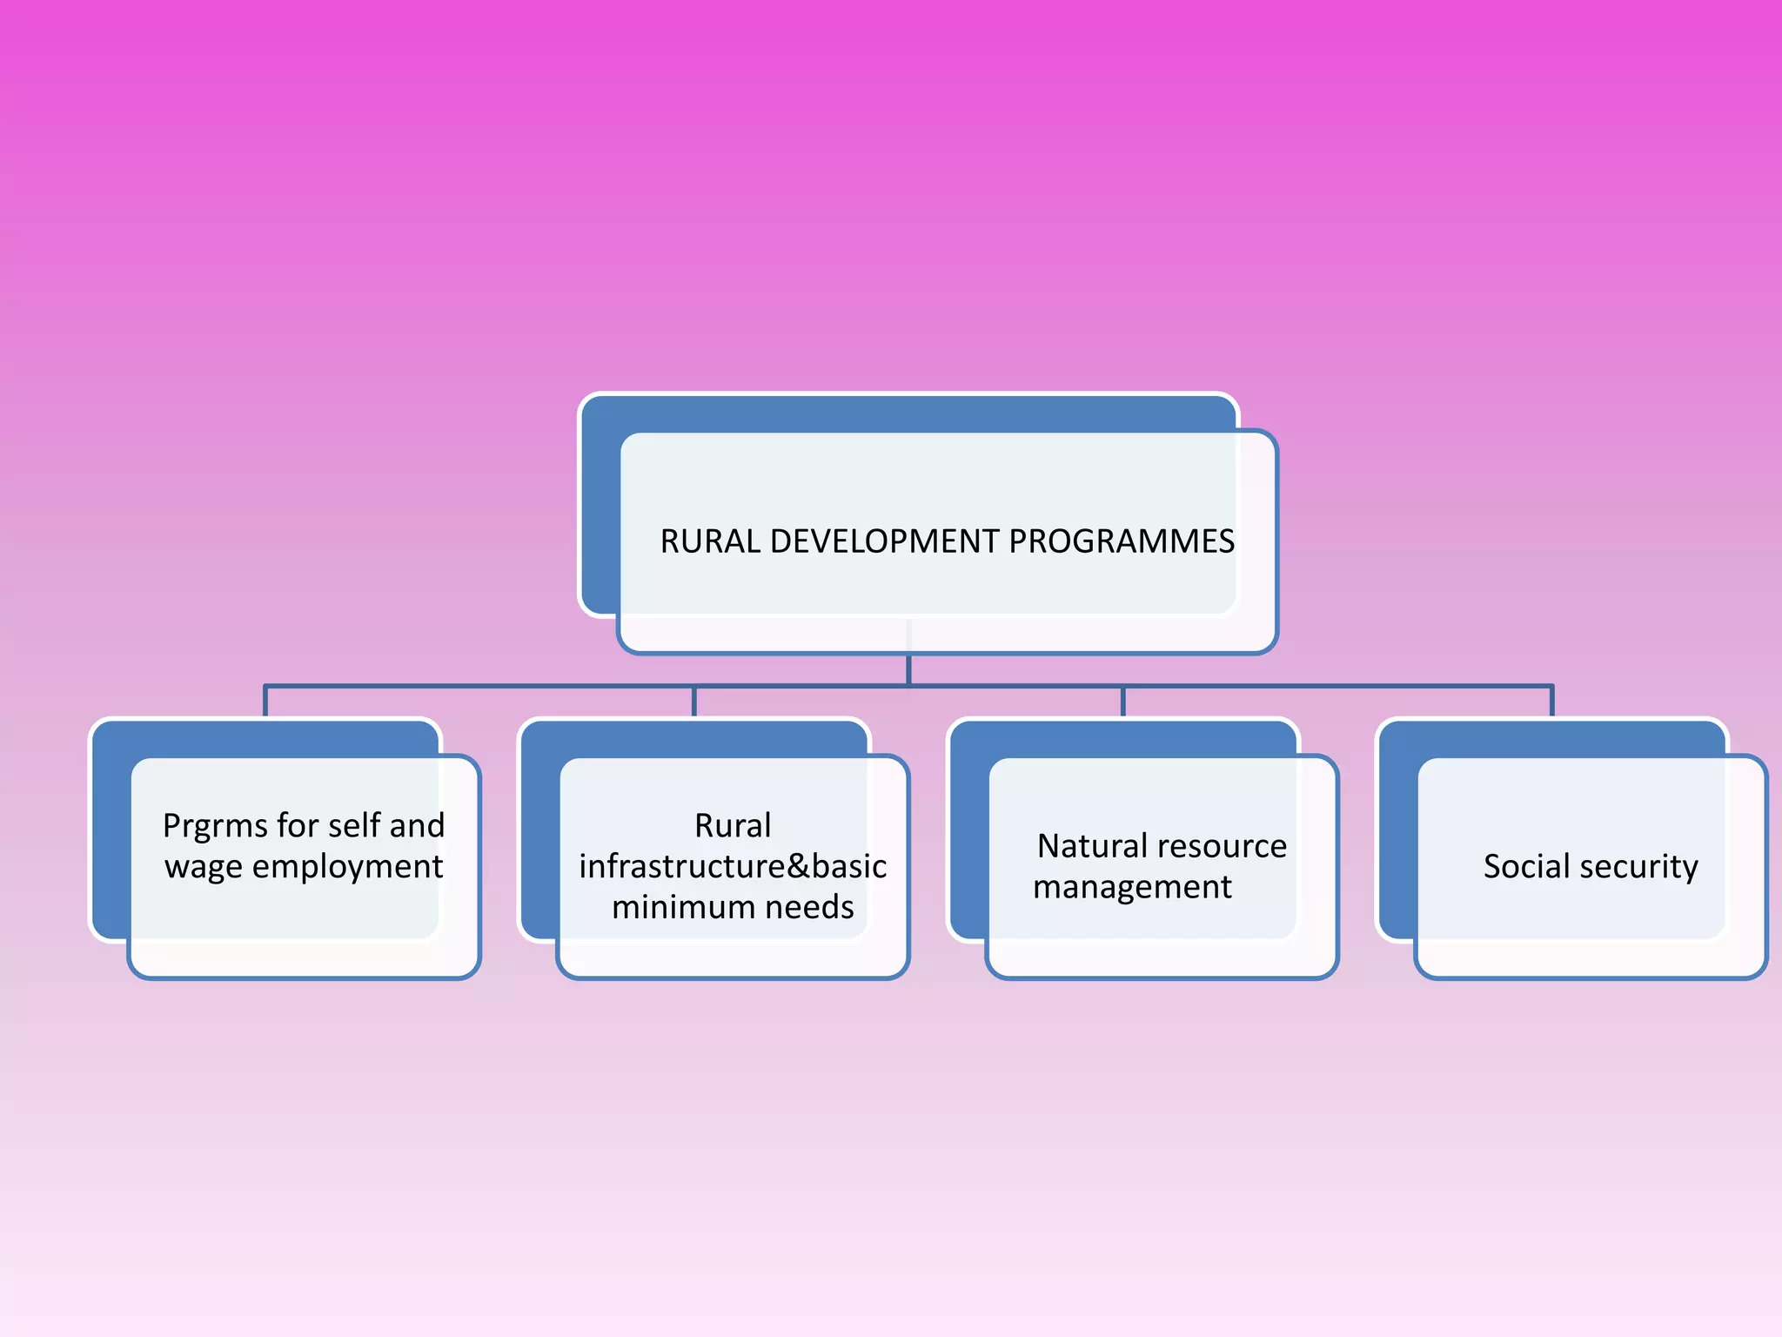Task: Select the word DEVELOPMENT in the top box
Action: [x=884, y=541]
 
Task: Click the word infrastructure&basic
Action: [x=733, y=867]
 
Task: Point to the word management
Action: [x=1132, y=888]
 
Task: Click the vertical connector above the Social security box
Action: [x=1551, y=702]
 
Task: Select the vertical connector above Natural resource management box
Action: [x=1122, y=702]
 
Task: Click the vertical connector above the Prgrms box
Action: [x=265, y=702]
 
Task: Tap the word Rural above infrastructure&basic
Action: [x=733, y=826]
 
